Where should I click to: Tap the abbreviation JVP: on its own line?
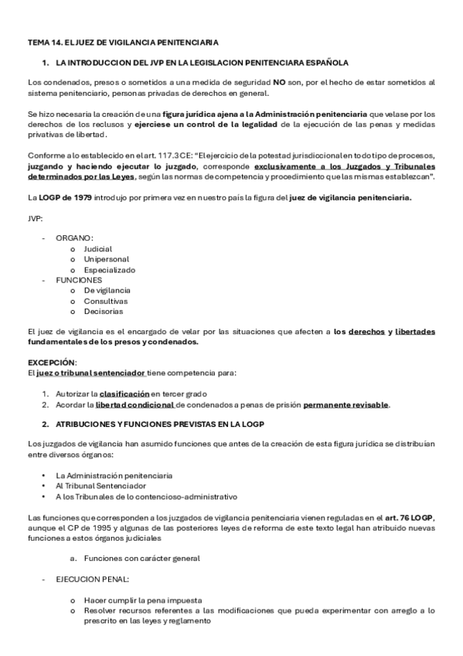36,218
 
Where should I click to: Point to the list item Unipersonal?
107,259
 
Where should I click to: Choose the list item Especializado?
110,270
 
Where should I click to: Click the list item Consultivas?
107,301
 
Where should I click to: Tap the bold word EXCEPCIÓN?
53,361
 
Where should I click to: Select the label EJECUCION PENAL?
92,578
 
